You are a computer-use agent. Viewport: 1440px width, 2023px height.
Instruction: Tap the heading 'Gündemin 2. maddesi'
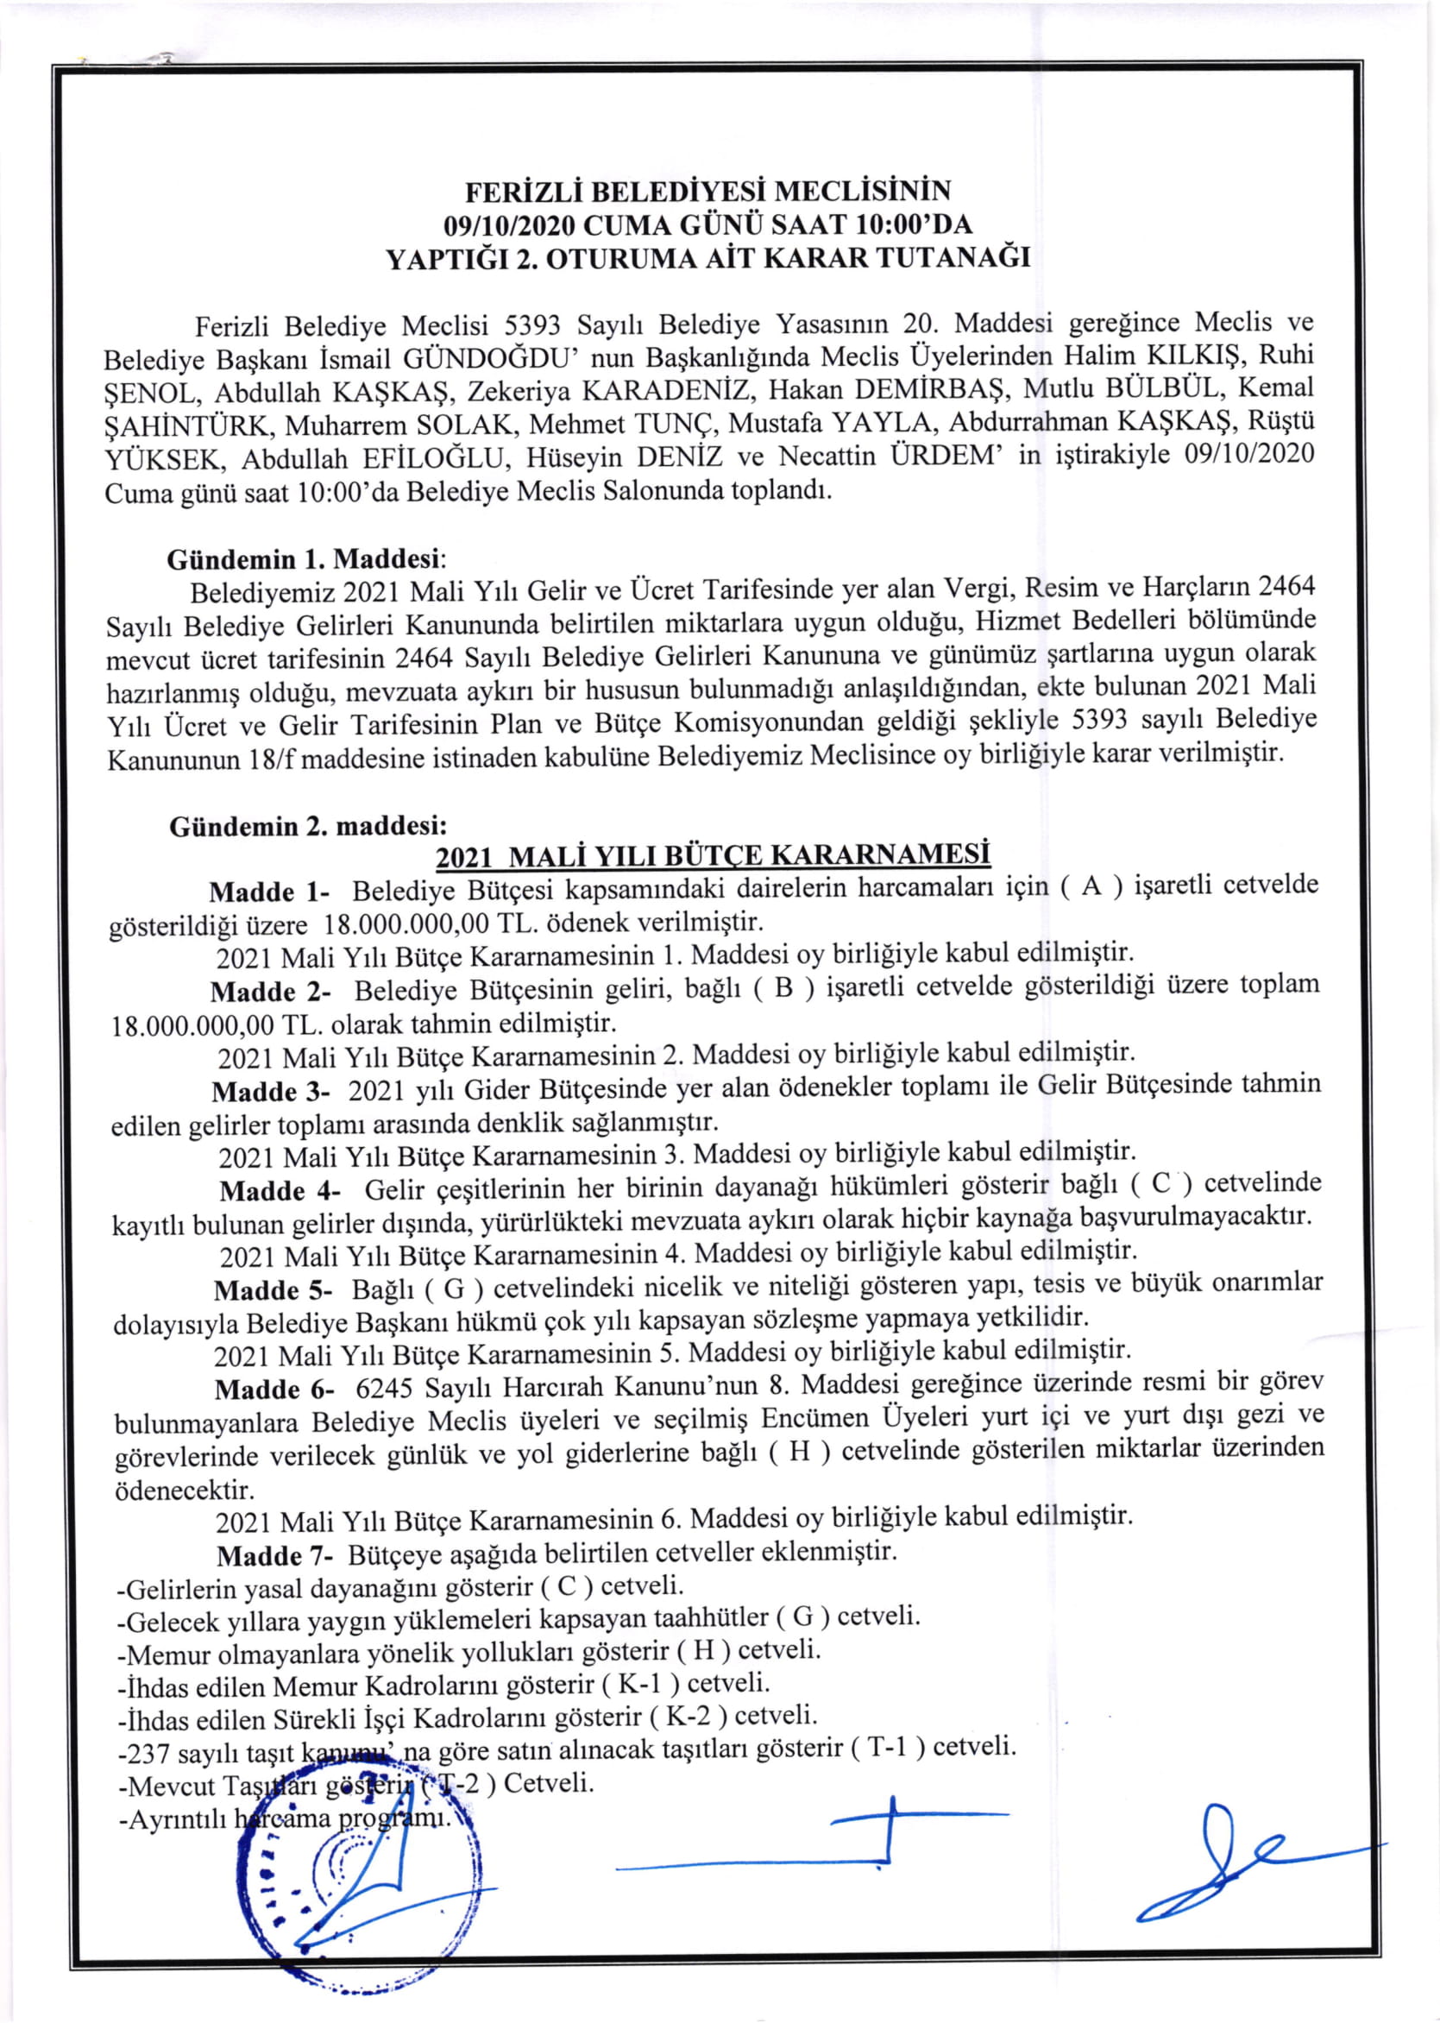308,826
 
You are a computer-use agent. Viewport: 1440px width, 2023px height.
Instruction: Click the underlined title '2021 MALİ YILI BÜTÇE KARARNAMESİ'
713,856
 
